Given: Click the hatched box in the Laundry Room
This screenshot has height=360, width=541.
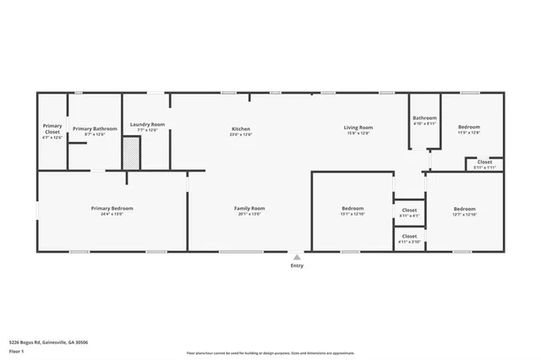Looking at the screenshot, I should (x=131, y=155).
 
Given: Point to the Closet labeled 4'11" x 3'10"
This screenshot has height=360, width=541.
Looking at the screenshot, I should (x=409, y=238).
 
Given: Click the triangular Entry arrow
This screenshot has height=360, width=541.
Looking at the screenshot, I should (x=296, y=256).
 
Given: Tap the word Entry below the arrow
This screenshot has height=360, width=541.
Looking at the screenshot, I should (x=297, y=265).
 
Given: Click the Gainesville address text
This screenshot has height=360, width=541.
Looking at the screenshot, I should (x=48, y=342).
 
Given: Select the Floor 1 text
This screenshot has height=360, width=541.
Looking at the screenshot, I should (x=15, y=350).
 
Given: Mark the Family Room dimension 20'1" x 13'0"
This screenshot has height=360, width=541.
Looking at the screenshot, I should (x=249, y=214).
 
